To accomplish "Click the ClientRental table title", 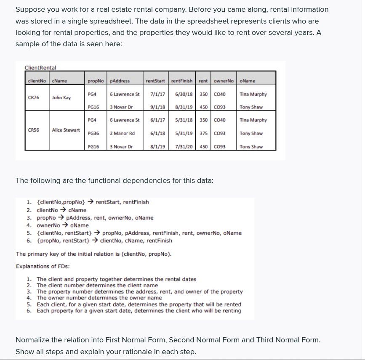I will pyautogui.click(x=40, y=68).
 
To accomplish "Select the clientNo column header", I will pyautogui.click(x=37, y=81).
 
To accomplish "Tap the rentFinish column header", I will pyautogui.click(x=182, y=81).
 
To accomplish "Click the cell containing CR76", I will pyautogui.click(x=33, y=98).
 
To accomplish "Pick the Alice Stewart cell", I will pyautogui.click(x=66, y=130).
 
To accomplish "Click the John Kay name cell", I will pyautogui.click(x=61, y=98).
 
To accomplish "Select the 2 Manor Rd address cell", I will pyautogui.click(x=122, y=133).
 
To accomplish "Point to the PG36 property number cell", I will pyautogui.click(x=93, y=133).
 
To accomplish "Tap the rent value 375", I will pyautogui.click(x=203, y=133).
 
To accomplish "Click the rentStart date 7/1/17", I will pyautogui.click(x=157, y=94).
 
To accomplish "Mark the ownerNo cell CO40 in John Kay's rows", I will pyautogui.click(x=220, y=94).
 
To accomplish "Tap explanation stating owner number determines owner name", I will pyautogui.click(x=99, y=298).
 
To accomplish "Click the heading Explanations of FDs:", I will pyautogui.click(x=43, y=266).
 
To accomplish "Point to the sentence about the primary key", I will pyautogui.click(x=93, y=254).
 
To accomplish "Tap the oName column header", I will pyautogui.click(x=247, y=81).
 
